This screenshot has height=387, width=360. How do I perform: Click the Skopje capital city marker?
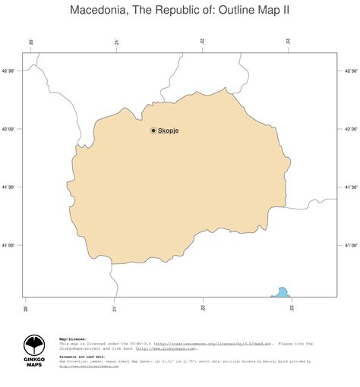153,131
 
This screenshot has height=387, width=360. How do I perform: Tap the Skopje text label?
169,131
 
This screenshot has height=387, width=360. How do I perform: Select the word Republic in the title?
177,11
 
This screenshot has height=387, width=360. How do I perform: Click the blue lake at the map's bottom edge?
281,292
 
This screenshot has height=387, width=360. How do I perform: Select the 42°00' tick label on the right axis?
350,129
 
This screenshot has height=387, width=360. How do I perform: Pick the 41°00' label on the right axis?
350,245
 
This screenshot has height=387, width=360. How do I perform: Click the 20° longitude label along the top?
30,42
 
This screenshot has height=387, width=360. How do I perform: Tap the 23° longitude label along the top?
289,42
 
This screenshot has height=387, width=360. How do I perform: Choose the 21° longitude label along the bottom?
115,308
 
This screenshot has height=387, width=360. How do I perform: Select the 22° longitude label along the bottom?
203,308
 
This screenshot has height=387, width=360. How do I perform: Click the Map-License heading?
73,338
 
